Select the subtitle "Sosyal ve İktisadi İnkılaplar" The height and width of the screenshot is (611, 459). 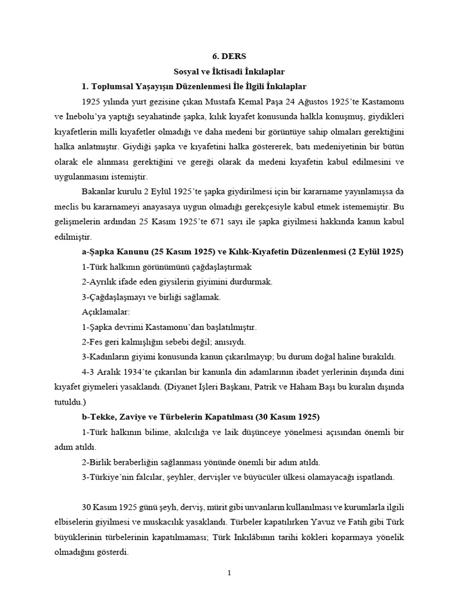tap(229, 71)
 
